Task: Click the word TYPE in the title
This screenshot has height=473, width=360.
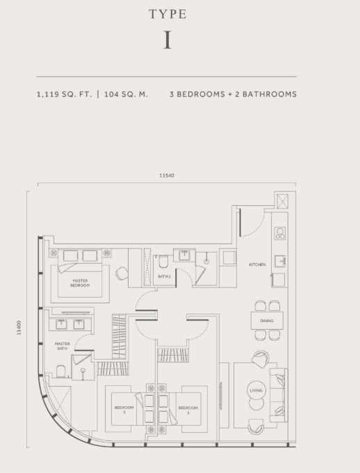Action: pos(167,14)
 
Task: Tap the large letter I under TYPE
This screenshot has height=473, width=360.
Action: pos(167,40)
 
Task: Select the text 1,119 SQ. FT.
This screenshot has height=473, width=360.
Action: pos(64,94)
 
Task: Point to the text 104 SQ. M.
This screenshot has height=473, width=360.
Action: pos(126,94)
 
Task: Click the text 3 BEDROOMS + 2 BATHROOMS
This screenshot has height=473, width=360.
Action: pos(233,94)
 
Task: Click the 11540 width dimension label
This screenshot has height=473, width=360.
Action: pos(167,175)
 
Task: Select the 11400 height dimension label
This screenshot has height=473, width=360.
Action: pos(19,328)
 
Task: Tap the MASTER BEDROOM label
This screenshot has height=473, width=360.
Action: pos(79,282)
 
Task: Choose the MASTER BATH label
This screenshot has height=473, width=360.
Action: pos(63,345)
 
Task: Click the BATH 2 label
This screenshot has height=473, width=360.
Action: pos(164,277)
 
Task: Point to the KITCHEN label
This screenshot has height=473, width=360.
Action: pos(257,264)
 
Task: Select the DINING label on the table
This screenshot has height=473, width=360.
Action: pos(267,321)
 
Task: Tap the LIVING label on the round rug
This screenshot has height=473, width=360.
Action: pos(256,391)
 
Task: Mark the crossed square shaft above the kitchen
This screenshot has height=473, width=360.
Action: pos(283,200)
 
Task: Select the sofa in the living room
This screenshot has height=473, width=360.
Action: pos(279,394)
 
